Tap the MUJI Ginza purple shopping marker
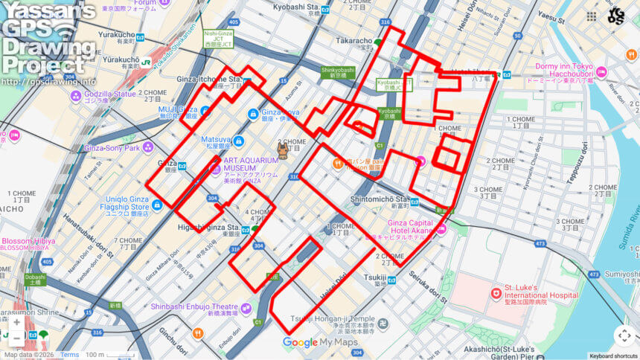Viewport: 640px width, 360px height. coord(206,110)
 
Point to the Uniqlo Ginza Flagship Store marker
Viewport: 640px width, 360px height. coord(157,204)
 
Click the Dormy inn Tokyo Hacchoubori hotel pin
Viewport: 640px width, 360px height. coord(601,72)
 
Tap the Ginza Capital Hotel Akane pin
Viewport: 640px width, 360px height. coord(441,230)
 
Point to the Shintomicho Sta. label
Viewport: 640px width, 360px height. coord(380,199)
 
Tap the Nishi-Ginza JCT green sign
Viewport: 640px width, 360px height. coord(220,37)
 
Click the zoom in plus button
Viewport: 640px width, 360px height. coord(16,322)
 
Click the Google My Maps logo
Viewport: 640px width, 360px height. coord(320,343)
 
